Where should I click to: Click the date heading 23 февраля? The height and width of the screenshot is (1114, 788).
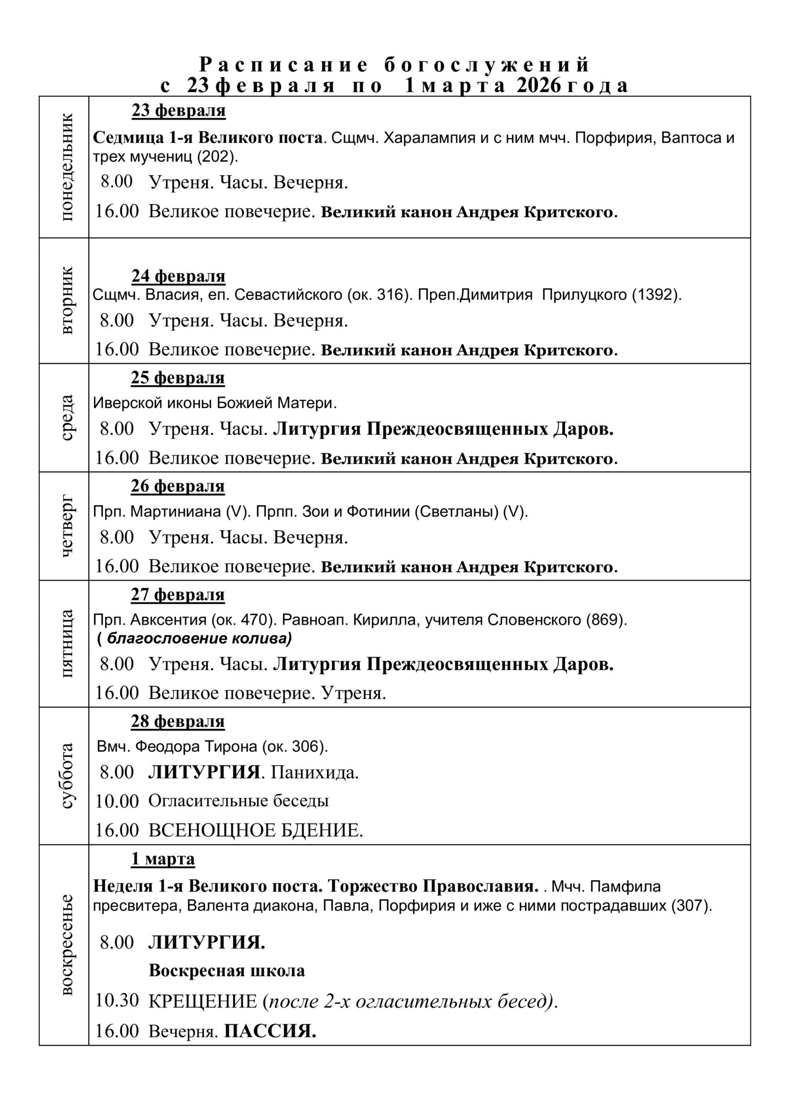[x=178, y=111]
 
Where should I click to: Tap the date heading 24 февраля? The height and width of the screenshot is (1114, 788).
[x=178, y=276]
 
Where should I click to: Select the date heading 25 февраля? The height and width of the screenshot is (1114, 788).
[x=177, y=377]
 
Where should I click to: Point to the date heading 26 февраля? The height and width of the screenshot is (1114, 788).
[x=177, y=486]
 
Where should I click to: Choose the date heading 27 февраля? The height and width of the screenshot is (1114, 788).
[x=177, y=595]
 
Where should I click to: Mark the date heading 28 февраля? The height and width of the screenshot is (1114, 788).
[x=177, y=721]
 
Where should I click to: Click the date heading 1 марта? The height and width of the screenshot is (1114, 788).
[x=163, y=859]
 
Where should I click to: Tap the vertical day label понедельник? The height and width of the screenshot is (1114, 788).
[x=66, y=167]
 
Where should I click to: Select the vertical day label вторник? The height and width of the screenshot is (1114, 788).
[x=66, y=300]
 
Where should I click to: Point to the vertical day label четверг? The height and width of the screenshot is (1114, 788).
[x=66, y=526]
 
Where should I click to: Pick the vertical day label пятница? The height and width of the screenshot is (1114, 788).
[x=66, y=643]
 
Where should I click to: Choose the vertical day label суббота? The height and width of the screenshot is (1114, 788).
[x=66, y=776]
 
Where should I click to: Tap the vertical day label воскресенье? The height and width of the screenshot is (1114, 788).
[x=66, y=944]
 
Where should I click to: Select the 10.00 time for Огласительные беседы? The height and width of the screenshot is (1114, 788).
[x=117, y=801]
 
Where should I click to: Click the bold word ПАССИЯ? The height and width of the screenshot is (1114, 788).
[x=270, y=1031]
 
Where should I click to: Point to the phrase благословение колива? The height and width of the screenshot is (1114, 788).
[x=199, y=638]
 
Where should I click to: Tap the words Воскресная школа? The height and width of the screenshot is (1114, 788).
[x=226, y=970]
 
